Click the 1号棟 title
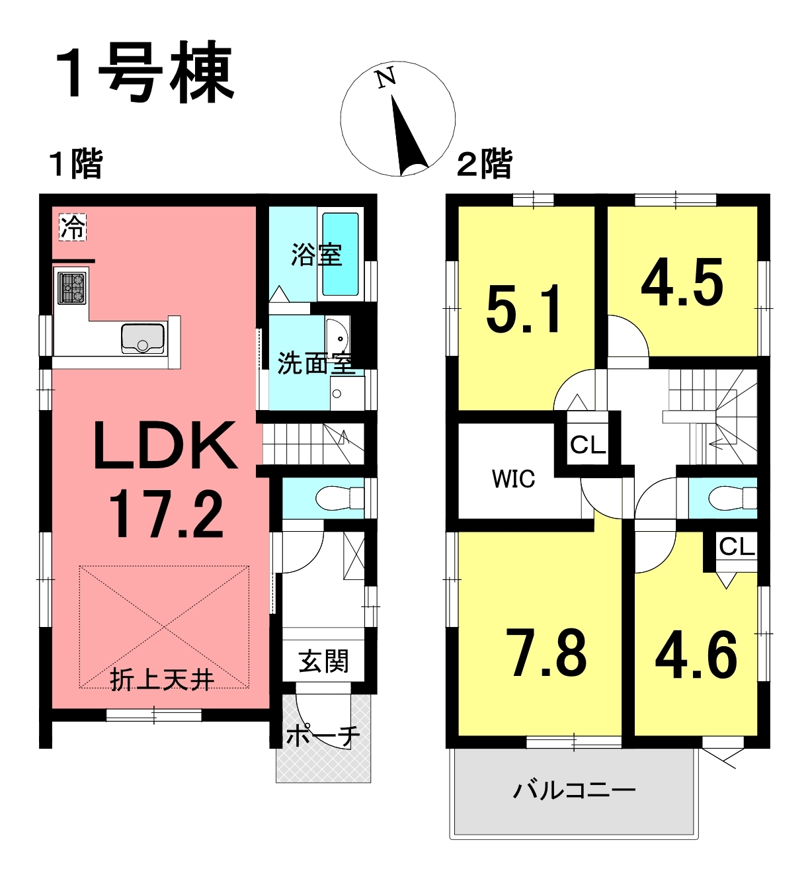[x=145, y=72]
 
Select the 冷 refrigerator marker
[x=73, y=228]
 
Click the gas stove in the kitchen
[x=71, y=288]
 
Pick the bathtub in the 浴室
[x=340, y=255]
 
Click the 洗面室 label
[x=315, y=363]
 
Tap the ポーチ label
[x=323, y=735]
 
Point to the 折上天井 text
[x=163, y=680]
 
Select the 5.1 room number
[x=524, y=309]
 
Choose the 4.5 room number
[x=682, y=281]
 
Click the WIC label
[x=514, y=479]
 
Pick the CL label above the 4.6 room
[x=737, y=547]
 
